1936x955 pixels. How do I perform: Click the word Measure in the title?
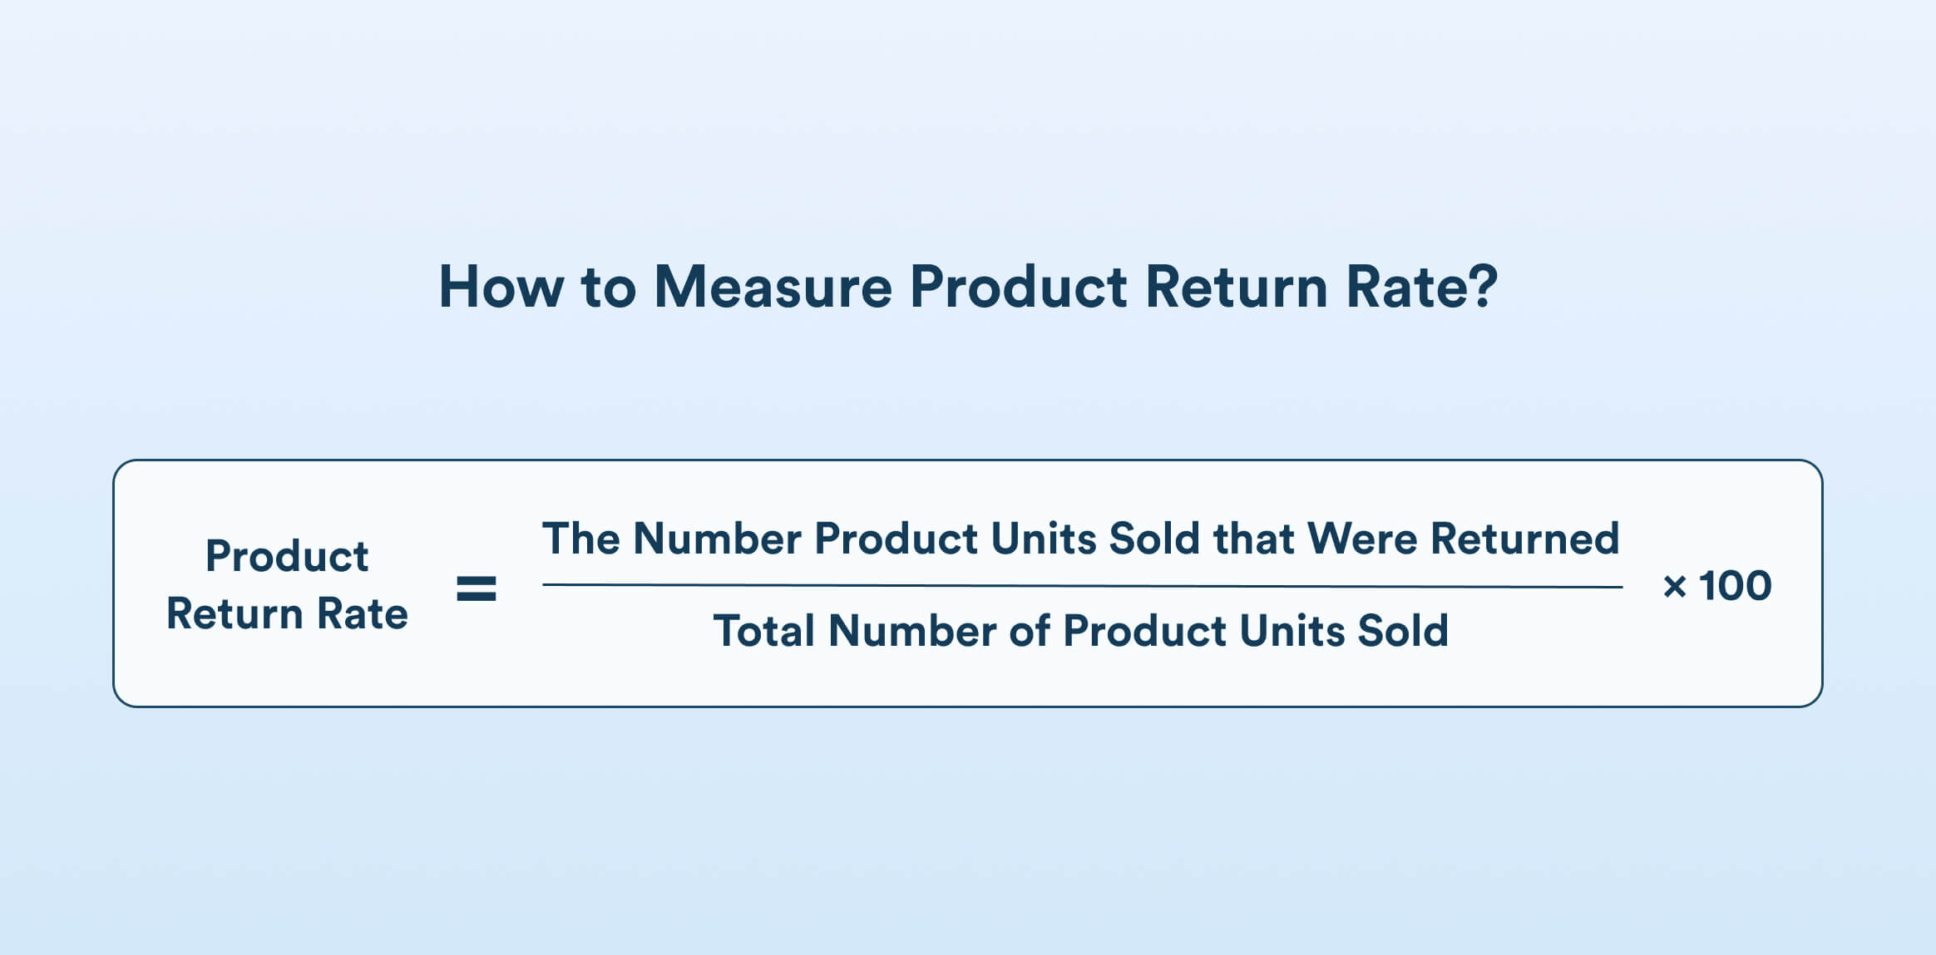773,288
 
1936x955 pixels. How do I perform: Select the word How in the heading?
501,288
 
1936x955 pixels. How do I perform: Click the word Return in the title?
1236,288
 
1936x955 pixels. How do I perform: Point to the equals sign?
477,588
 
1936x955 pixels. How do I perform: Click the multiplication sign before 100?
1674,588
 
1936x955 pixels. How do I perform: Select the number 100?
1735,586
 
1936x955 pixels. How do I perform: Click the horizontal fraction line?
1081,586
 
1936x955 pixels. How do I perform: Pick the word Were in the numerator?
1361,539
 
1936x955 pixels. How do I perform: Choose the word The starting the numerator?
580,539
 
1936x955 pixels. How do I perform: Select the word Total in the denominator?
763,631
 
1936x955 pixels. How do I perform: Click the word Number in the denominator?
911,631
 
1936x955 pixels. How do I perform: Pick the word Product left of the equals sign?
287,556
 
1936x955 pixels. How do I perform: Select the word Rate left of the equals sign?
363,615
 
